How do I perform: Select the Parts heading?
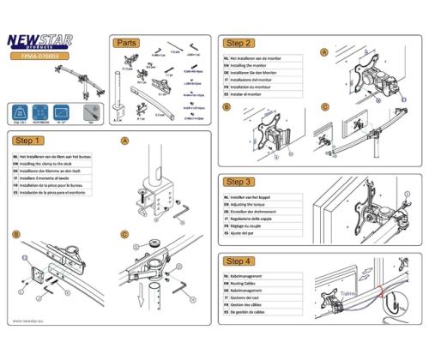pyautogui.click(x=126, y=42)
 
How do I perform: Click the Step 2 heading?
pyautogui.click(x=238, y=42)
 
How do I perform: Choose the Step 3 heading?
pyautogui.click(x=238, y=183)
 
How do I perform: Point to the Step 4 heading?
pyautogui.click(x=238, y=260)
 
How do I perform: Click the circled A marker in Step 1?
pyautogui.click(x=124, y=141)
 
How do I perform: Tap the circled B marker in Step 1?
pyautogui.click(x=16, y=233)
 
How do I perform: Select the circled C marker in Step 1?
pyautogui.click(x=124, y=233)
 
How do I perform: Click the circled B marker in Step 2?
pyautogui.click(x=224, y=107)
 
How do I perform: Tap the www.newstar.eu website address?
pyautogui.click(x=30, y=322)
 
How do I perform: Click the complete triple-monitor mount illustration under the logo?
pyautogui.click(x=51, y=86)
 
